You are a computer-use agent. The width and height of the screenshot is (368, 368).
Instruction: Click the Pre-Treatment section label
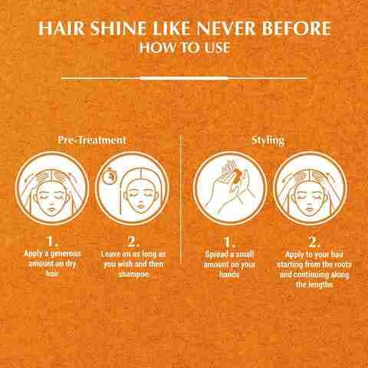pos(92,141)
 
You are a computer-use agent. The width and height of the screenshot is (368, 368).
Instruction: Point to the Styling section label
pos(268,141)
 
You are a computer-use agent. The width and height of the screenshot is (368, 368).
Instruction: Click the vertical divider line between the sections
pos(181,199)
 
